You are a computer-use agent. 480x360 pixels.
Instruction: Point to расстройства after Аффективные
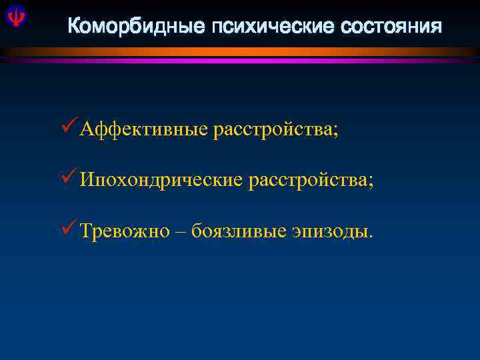(x=273, y=129)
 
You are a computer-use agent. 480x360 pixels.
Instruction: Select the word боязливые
(x=239, y=231)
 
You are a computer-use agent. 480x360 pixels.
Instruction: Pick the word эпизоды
(x=329, y=231)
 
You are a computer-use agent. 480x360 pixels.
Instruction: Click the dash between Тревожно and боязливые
(x=181, y=231)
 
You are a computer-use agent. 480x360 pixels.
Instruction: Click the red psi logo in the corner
(x=14, y=16)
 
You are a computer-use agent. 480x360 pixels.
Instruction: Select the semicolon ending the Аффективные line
(x=335, y=131)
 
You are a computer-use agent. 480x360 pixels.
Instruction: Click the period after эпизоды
(x=371, y=235)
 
